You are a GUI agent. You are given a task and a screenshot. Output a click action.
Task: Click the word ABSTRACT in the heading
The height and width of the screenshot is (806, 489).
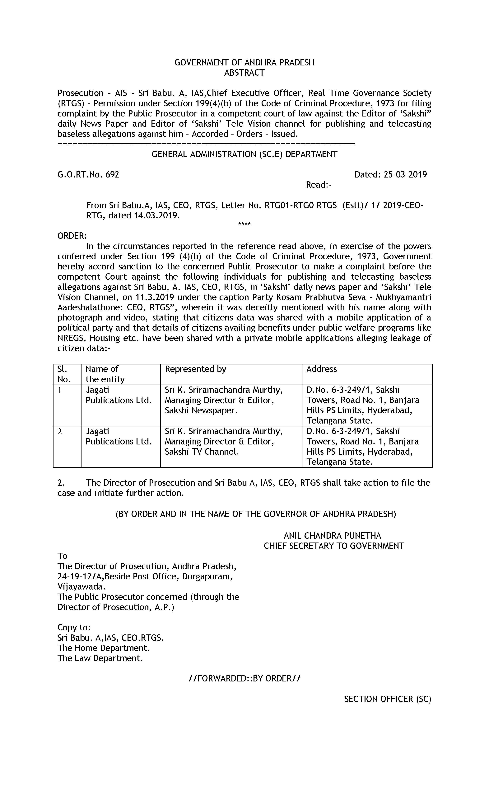[x=244, y=73]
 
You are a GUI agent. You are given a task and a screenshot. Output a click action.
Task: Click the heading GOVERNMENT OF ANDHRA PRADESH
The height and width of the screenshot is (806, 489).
[x=244, y=63]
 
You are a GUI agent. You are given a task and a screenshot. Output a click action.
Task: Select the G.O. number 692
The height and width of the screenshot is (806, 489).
[x=112, y=175]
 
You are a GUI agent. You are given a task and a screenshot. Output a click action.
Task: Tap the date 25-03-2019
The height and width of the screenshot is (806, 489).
[x=405, y=175]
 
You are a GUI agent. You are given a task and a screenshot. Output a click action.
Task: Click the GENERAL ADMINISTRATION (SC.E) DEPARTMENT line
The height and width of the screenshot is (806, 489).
[x=244, y=154]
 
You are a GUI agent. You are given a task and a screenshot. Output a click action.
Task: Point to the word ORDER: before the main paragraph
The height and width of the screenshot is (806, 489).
[x=72, y=236]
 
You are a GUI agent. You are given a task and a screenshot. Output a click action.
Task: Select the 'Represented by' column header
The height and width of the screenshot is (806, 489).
[x=195, y=369]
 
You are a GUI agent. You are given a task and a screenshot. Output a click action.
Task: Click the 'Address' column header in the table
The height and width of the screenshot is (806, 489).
[x=321, y=369]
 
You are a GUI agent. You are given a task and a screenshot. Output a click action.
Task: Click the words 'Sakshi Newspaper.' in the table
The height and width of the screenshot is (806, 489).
[x=201, y=410]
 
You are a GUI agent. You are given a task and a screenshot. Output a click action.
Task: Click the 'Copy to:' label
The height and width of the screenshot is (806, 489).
[x=74, y=627]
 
